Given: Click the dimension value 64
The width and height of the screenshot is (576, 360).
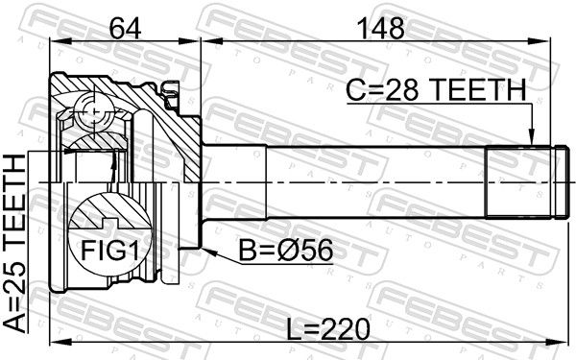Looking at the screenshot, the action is coord(125,28).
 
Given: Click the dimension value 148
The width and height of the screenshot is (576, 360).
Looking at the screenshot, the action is coord(380,28).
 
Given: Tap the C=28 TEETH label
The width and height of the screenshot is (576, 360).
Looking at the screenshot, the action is coord(437,89).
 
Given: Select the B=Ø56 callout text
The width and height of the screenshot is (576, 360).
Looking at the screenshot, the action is coord(286,251).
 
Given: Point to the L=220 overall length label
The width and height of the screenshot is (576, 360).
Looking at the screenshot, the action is coord(327,328).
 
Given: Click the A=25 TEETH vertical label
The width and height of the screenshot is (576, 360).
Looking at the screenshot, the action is coord(14,244).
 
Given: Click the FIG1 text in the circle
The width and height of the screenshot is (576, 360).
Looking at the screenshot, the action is coord(110,251).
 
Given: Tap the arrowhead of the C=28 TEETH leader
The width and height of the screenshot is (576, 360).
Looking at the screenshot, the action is coord(531,138).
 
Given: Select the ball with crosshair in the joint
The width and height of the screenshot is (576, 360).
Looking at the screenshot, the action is coord(94,110).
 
